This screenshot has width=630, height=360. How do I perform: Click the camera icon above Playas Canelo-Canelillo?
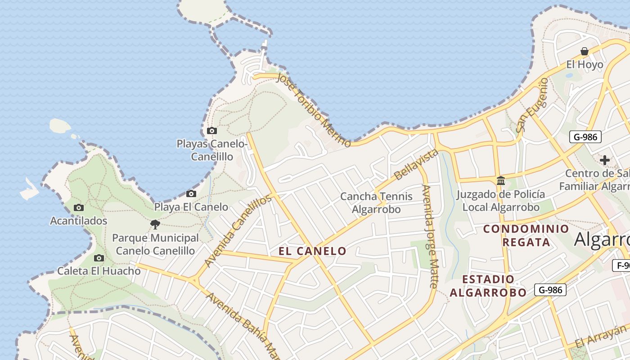(x=211, y=131)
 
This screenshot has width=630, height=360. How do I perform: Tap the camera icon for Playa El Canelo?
(x=191, y=194)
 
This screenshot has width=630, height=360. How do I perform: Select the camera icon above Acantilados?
(x=79, y=208)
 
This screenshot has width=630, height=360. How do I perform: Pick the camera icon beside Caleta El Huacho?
(x=99, y=258)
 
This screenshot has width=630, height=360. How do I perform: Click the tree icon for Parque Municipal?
(x=155, y=224)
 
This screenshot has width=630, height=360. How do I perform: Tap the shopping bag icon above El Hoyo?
(x=585, y=51)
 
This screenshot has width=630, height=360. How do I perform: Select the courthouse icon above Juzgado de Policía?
(x=500, y=181)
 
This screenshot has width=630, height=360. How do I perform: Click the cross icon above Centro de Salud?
(x=605, y=160)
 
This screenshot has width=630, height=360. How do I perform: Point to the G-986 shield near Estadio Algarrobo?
(x=550, y=290)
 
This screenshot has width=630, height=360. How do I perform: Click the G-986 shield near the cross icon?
(x=585, y=137)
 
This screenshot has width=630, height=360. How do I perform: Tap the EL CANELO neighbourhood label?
(x=313, y=251)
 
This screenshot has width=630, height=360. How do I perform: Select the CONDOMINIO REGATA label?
(x=526, y=235)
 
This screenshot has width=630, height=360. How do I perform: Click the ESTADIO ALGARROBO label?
(x=488, y=286)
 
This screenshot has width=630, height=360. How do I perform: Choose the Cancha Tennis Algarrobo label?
(x=376, y=203)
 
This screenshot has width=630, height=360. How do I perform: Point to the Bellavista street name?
(x=416, y=164)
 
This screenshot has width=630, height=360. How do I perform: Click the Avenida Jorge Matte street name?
(x=430, y=236)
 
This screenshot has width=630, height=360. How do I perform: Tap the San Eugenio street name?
(x=532, y=105)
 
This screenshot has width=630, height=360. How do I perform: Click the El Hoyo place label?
(x=585, y=65)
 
